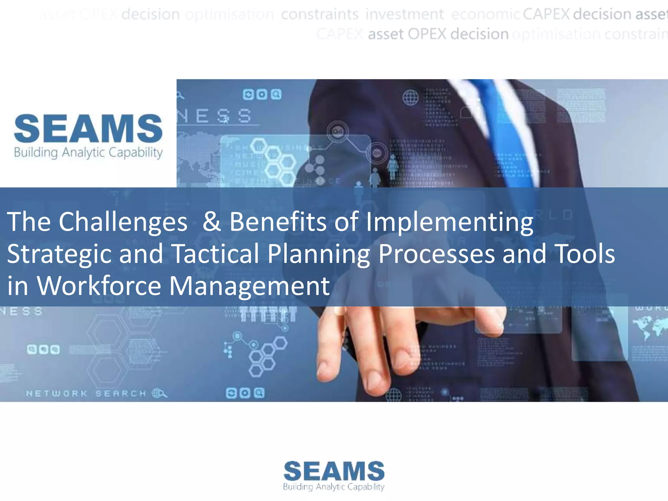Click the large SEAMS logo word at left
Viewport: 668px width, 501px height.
88,129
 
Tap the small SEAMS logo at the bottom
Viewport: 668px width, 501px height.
334,471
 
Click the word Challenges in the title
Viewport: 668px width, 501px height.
123,222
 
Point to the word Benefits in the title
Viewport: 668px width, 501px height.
278,222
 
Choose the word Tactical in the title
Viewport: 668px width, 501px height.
215,253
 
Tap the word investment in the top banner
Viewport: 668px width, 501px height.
404,14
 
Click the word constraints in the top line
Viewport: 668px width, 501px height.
320,14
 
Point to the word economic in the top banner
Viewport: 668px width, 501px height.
485,14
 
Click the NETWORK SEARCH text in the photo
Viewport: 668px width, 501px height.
86,394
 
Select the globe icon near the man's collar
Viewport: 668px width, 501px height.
410,97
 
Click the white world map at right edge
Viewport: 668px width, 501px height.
649,326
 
